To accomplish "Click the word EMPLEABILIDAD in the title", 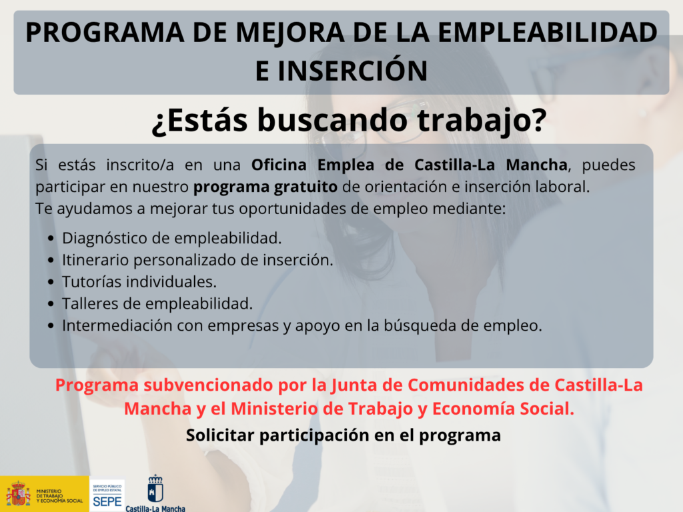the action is pos(548,32).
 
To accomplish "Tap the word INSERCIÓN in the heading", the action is pos(352,71).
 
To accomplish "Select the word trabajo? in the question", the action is pos(482,120).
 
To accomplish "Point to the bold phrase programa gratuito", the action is pos(265,187).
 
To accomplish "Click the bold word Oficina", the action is pos(279,165).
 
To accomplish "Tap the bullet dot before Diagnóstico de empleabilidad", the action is pos(51,239).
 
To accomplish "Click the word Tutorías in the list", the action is pos(92,282).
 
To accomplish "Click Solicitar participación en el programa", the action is pos(344,435).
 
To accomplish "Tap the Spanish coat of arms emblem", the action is pos(18,494).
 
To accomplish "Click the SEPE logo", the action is pos(107,495).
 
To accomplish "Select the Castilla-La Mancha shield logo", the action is pos(155,489).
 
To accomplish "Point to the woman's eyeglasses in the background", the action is pos(384,124).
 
